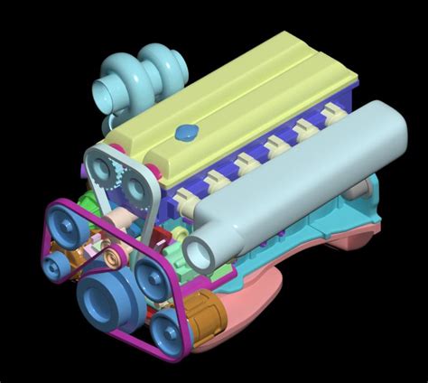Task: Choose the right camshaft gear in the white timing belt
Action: point(140,187)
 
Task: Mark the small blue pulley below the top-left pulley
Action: point(55,263)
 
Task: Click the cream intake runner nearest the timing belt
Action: point(214,182)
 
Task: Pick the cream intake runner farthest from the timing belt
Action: point(332,113)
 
